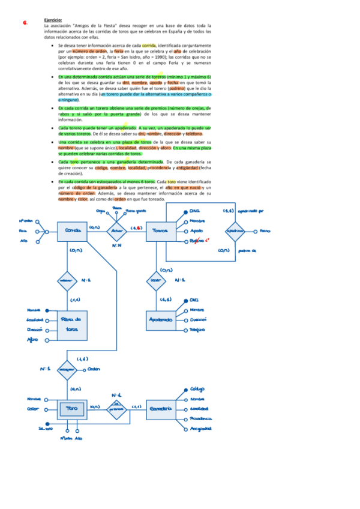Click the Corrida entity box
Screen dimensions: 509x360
point(71,230)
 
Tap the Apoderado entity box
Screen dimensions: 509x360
point(161,319)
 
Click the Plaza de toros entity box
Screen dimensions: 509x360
point(72,325)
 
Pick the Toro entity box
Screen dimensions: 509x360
point(71,409)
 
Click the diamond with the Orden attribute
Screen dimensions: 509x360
point(65,370)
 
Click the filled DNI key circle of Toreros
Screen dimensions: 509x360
point(186,211)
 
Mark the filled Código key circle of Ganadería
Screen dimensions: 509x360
point(186,390)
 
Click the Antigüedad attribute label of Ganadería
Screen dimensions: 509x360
point(201,429)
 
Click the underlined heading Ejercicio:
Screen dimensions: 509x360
point(53,20)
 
